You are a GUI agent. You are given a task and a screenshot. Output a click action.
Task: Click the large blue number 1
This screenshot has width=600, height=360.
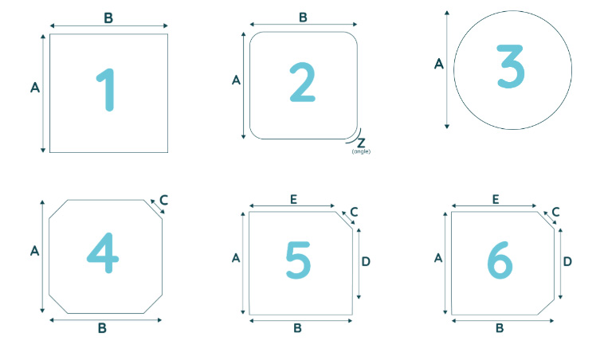coord(107,90)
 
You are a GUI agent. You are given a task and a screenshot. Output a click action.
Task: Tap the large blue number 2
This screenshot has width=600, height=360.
coord(302,82)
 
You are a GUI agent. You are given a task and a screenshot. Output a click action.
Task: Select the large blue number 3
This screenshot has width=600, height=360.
coord(511,67)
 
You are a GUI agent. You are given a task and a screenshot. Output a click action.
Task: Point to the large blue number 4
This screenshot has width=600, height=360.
coord(103,253)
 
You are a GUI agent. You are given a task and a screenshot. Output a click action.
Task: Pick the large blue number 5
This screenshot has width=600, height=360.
coord(298,260)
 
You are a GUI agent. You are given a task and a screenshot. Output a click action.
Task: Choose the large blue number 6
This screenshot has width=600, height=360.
coord(500,260)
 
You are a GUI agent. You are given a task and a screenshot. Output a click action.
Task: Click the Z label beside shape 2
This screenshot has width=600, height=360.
coord(361,143)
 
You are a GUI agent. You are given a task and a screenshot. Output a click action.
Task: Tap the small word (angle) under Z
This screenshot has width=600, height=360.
coord(361,151)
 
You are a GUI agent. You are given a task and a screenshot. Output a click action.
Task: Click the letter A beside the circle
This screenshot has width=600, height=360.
coord(439,64)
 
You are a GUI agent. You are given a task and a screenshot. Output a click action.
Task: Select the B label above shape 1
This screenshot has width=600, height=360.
coord(108,18)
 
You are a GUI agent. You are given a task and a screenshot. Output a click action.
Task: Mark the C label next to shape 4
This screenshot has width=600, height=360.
coord(163,200)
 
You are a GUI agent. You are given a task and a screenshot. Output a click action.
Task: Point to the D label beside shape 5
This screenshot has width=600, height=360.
coord(366,262)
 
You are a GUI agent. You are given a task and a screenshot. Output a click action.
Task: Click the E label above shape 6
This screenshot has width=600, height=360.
coord(496,199)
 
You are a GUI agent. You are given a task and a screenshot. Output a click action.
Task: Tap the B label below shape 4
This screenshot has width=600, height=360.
coord(102,328)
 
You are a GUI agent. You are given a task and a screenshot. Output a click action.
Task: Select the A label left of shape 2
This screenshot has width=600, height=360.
coord(236,80)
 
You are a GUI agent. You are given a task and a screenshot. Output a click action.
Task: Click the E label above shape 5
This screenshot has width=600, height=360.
coord(293,199)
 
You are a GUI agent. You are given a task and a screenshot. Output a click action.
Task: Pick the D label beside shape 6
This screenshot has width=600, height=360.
coord(567,262)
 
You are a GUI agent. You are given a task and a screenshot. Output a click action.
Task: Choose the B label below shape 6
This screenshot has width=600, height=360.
coord(500,328)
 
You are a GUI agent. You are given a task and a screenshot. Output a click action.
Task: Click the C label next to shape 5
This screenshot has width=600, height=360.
coord(354,212)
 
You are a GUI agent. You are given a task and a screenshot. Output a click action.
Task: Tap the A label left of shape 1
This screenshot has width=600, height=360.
coord(35,88)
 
